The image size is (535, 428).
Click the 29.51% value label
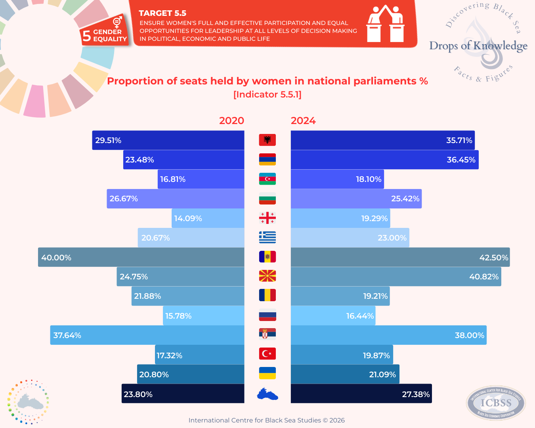tap(108, 140)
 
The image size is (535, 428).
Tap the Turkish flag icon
tap(267, 353)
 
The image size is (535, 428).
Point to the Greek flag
tap(267, 237)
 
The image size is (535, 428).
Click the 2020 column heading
tap(231, 120)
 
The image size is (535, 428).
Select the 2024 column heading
tap(303, 120)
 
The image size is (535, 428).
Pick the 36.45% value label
tap(461, 160)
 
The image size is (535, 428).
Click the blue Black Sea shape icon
tap(267, 394)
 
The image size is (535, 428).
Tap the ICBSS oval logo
tap(496, 403)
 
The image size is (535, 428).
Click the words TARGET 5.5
tap(162, 13)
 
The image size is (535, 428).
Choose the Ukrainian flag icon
tap(267, 373)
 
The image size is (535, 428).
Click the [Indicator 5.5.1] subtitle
tap(267, 94)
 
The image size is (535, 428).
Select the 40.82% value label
tap(484, 277)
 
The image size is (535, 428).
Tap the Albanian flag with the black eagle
tap(267, 140)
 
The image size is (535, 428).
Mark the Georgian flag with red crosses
tap(267, 218)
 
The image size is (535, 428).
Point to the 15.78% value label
tap(178, 316)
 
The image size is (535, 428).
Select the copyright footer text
tap(267, 420)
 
